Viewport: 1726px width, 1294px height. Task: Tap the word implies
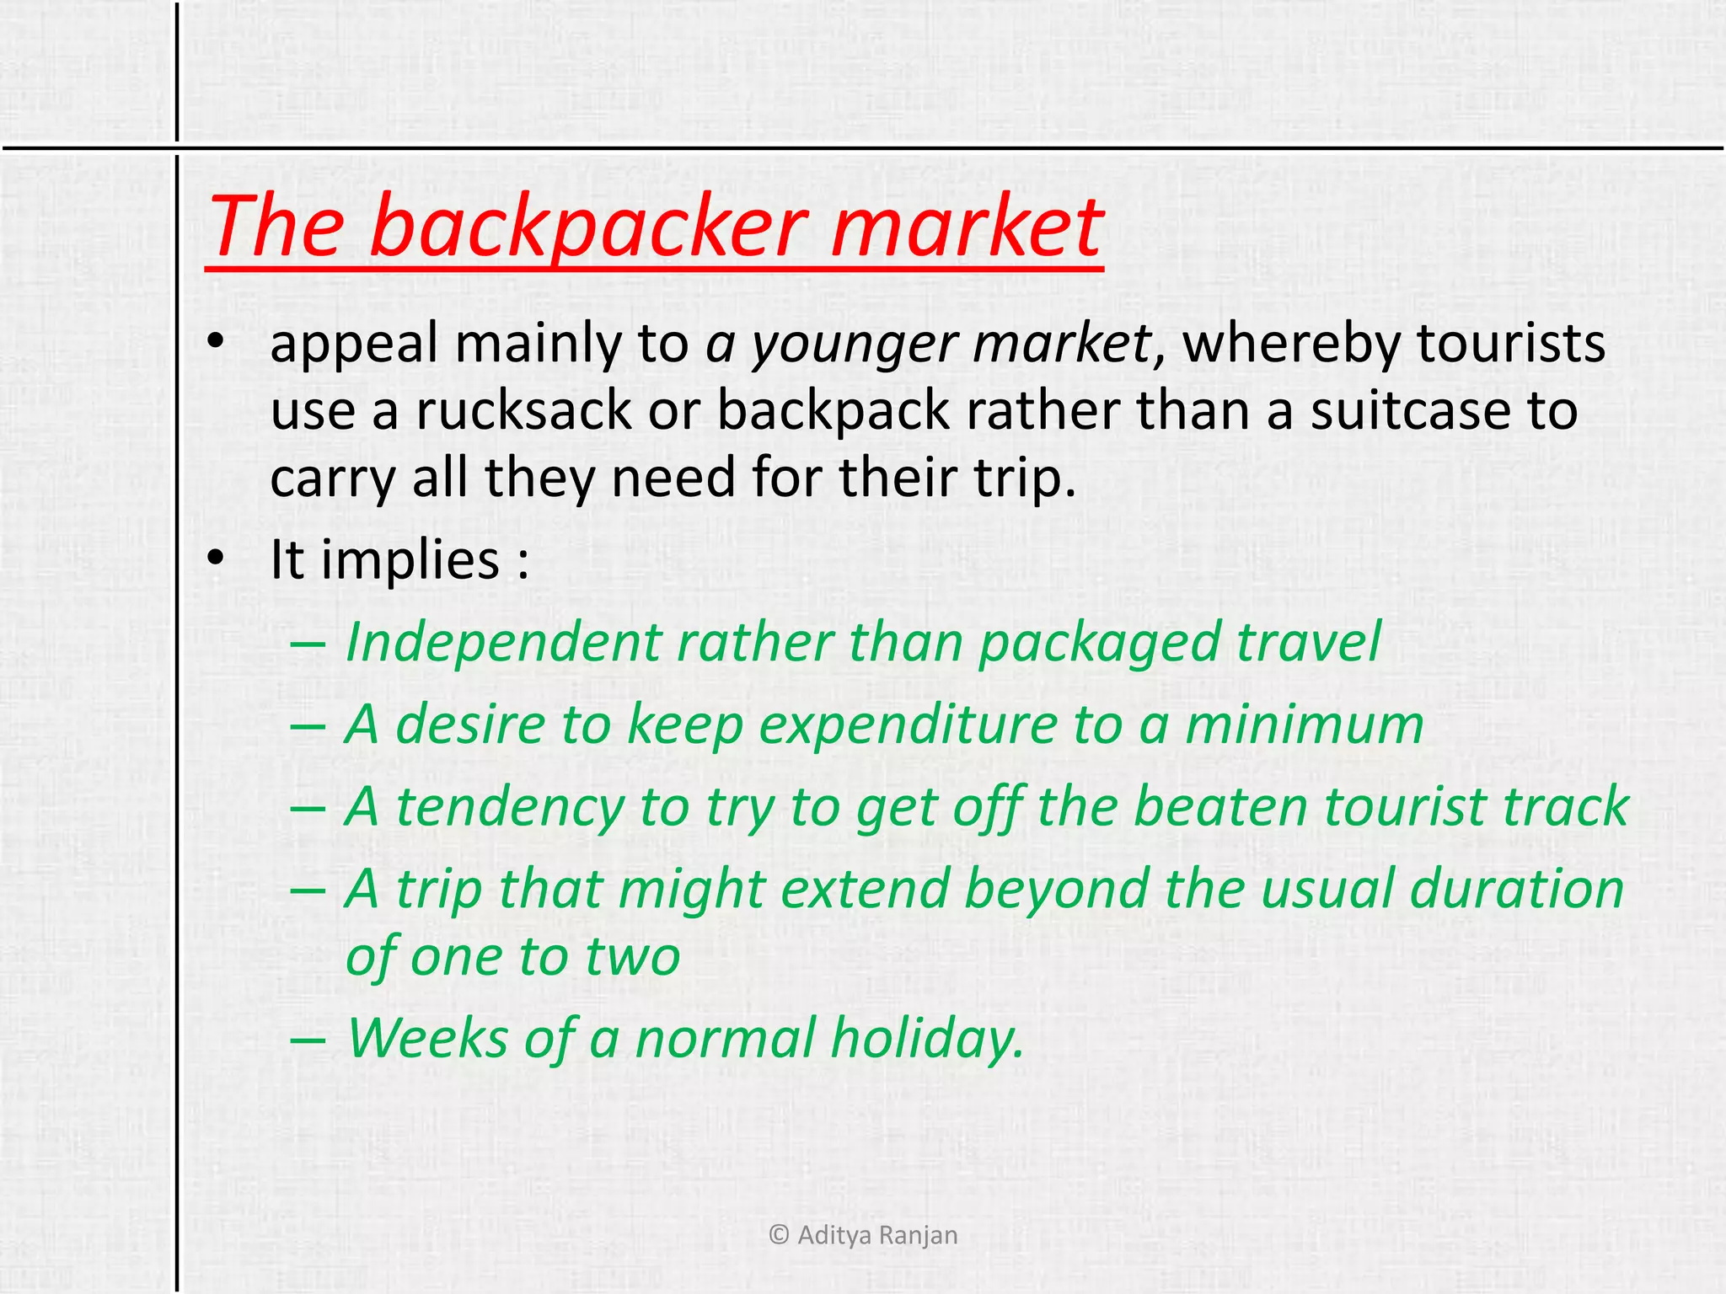[x=410, y=560]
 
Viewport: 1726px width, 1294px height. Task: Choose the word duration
[x=1516, y=890]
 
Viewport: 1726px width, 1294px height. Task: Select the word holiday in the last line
[x=927, y=1038]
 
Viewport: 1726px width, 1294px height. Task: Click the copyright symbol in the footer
[x=780, y=1235]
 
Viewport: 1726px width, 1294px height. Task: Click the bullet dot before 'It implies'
[x=216, y=559]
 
